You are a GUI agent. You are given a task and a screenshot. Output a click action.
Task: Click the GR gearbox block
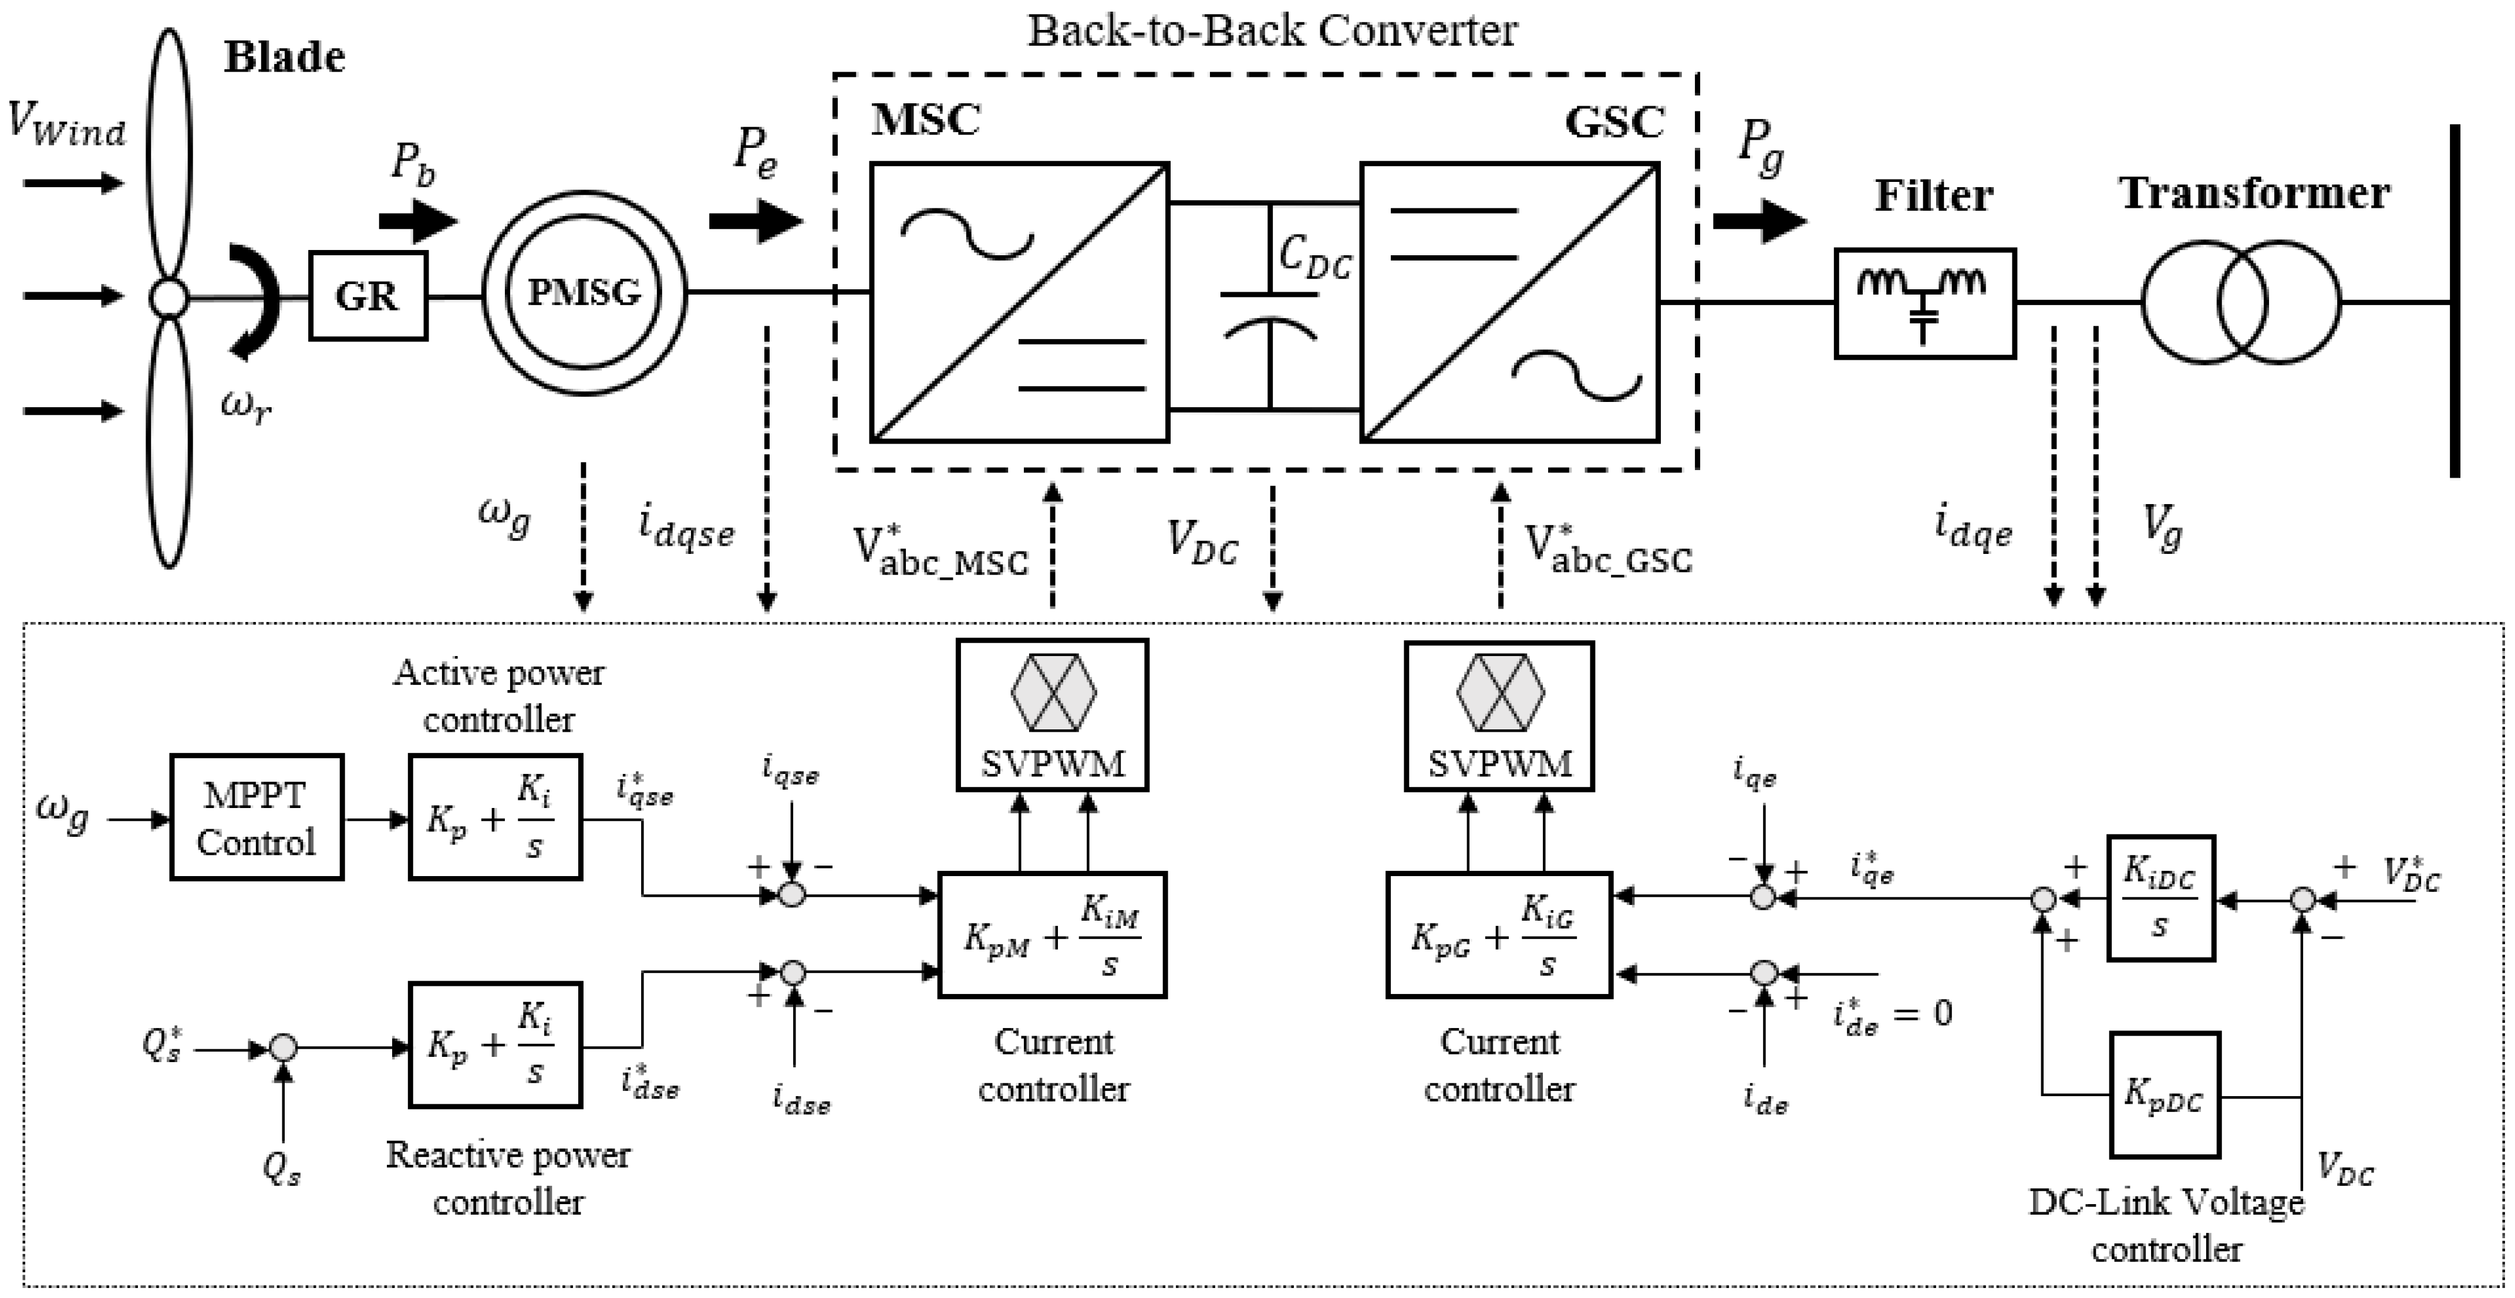click(368, 296)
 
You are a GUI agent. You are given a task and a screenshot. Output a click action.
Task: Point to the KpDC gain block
click(2165, 1095)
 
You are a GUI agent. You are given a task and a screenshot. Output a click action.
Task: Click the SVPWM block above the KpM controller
click(1053, 714)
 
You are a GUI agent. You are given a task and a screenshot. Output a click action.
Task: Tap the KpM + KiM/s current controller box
click(1053, 935)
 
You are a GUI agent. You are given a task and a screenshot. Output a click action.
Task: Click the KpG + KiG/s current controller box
click(1499, 935)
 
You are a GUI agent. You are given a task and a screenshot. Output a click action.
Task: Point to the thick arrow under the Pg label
click(1759, 221)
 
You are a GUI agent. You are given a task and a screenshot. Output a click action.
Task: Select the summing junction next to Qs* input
click(283, 1047)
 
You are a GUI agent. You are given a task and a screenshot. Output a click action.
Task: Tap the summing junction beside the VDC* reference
click(2303, 899)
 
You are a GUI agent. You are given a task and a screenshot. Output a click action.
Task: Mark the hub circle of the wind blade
click(169, 298)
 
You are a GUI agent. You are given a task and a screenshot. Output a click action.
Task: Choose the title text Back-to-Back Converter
click(1272, 31)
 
